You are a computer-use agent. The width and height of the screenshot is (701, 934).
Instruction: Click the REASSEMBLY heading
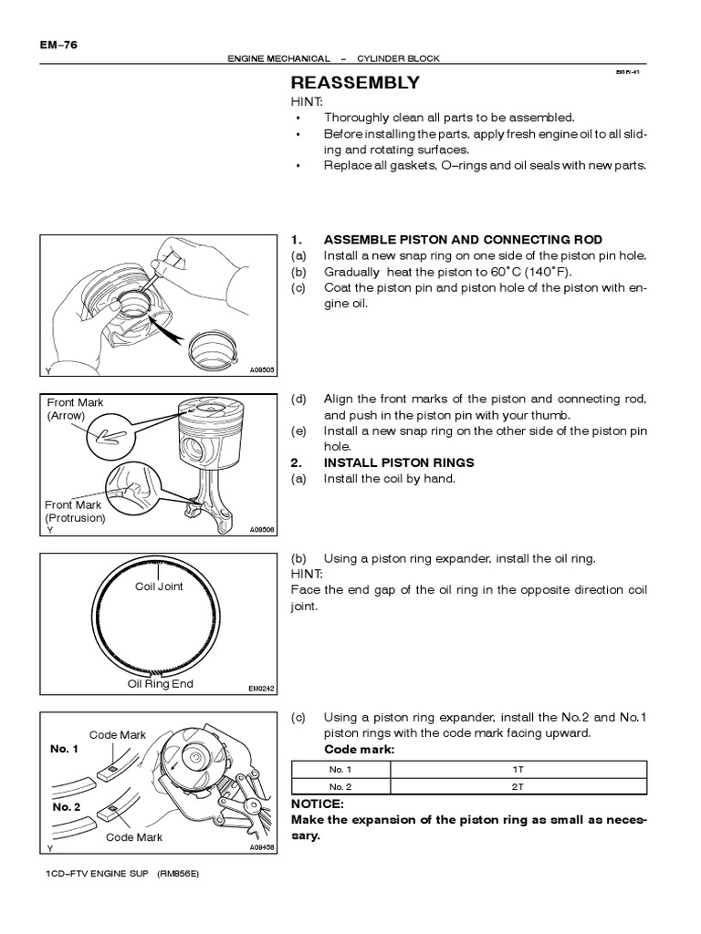[x=354, y=83]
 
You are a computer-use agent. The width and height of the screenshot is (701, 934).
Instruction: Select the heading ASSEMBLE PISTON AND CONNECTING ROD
[x=463, y=240]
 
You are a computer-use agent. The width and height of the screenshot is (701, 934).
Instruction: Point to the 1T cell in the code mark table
[x=518, y=770]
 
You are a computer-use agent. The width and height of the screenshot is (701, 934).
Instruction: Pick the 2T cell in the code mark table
[x=518, y=786]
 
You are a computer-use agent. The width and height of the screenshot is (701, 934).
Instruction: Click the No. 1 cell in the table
[x=340, y=770]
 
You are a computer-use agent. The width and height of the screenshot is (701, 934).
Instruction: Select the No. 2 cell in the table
[x=340, y=786]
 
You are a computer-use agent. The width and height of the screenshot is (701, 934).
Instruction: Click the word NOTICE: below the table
[x=317, y=804]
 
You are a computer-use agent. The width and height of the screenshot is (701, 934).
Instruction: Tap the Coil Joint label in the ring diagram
[x=159, y=586]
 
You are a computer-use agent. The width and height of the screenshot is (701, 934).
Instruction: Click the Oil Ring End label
[x=161, y=684]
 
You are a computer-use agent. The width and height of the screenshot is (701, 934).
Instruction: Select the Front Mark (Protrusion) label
[x=76, y=511]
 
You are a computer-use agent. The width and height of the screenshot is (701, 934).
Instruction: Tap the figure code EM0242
[x=261, y=690]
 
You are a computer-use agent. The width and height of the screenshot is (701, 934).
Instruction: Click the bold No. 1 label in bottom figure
[x=65, y=749]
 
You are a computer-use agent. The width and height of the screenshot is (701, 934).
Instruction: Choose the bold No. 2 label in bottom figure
[x=65, y=807]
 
